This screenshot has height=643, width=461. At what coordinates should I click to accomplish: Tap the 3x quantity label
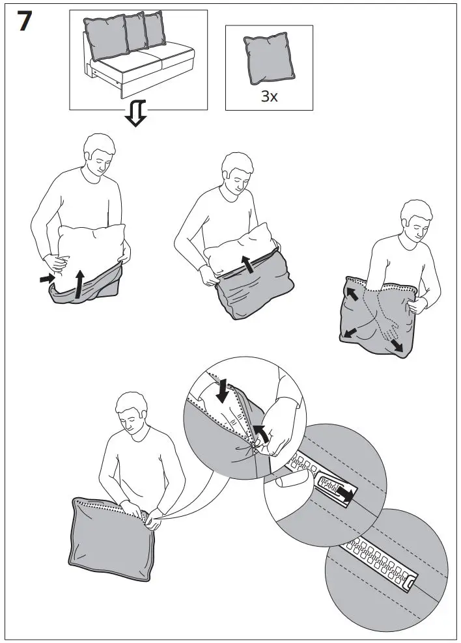pyautogui.click(x=269, y=96)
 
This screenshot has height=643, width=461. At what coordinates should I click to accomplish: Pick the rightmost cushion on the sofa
pyautogui.click(x=154, y=29)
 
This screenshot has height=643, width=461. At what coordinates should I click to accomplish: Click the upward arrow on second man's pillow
pyautogui.click(x=247, y=264)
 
